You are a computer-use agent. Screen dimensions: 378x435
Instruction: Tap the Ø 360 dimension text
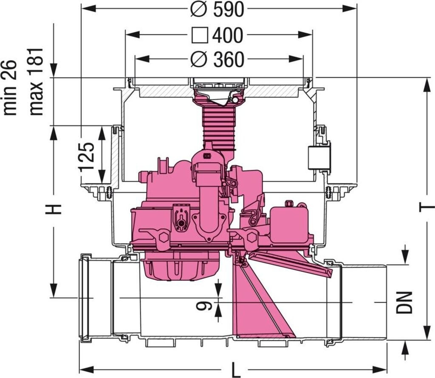pos(217,60)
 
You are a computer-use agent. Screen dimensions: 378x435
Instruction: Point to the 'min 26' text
pos(10,87)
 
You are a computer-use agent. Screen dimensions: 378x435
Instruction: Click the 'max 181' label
pos(37,81)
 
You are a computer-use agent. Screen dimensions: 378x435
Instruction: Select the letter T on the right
pos(427,207)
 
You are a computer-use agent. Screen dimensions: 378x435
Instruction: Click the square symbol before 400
pos(199,36)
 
